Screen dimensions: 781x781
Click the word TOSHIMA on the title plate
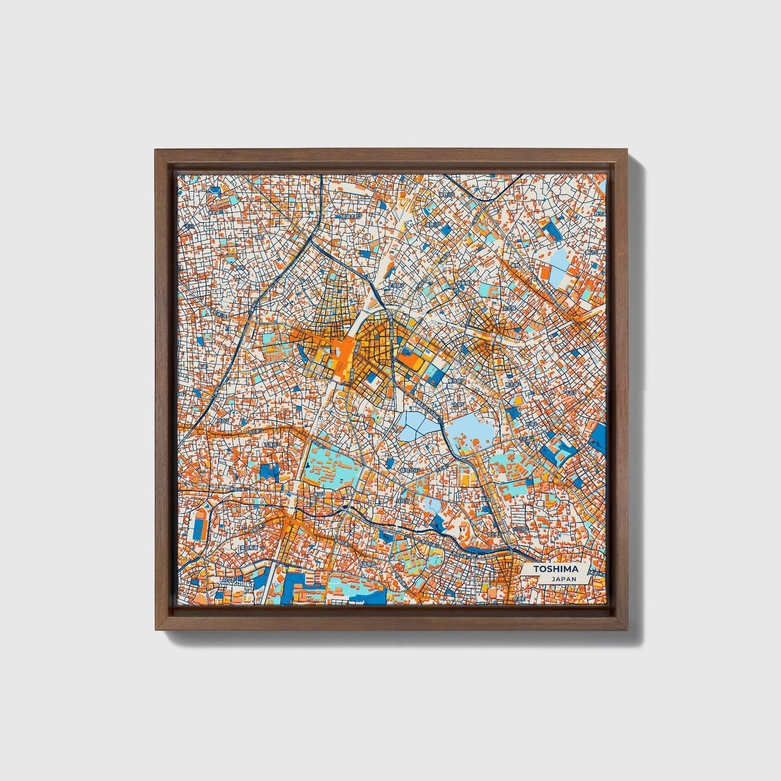556,569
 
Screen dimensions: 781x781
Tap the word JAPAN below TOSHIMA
564,579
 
